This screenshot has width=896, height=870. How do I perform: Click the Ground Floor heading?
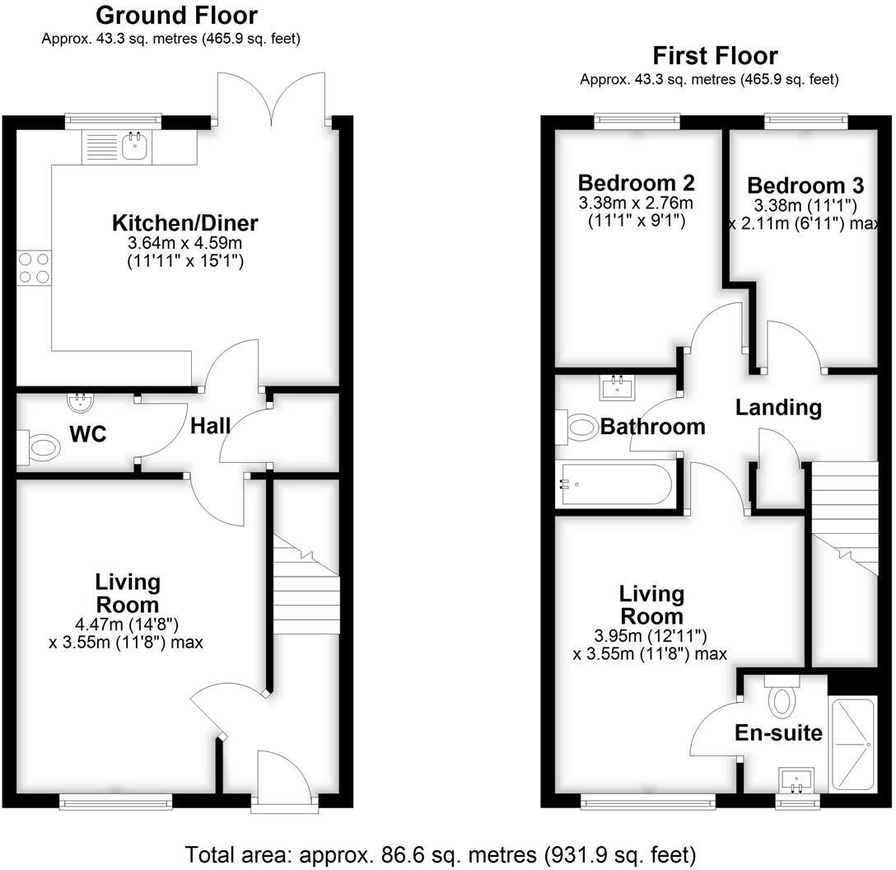click(176, 16)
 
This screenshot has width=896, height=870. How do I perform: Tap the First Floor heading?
click(715, 56)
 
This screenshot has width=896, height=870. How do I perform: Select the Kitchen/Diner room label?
click(185, 223)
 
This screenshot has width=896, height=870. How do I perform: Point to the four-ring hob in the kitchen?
click(33, 268)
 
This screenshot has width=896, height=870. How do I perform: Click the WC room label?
click(88, 434)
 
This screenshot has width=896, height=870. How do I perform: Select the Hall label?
click(211, 426)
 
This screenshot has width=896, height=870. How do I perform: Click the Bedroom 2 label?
click(636, 183)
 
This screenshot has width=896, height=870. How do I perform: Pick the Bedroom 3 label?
click(796, 185)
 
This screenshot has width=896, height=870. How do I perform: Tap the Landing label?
click(778, 407)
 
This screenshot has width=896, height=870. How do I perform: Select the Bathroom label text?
click(652, 427)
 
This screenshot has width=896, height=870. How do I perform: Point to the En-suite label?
click(777, 732)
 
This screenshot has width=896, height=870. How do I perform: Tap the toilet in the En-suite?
click(781, 697)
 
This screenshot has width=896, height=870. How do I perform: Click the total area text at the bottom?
click(441, 854)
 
